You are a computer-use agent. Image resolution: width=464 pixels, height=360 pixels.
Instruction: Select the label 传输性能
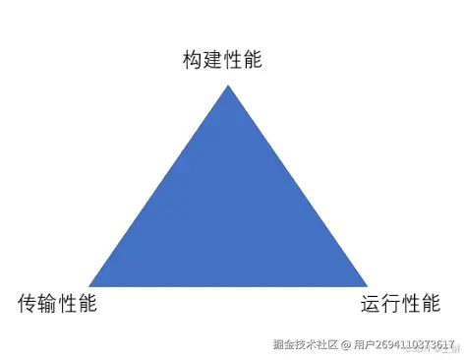click(58, 304)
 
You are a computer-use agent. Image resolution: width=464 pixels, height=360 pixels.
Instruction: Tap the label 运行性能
click(400, 304)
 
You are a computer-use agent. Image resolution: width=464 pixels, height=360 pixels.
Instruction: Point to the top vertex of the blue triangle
click(228, 86)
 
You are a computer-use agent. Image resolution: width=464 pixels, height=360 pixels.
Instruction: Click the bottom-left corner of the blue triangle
click(89, 286)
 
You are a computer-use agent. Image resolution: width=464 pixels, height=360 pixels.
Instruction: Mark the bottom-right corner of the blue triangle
click(367, 286)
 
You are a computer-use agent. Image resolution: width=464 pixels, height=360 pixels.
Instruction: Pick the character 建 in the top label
click(213, 60)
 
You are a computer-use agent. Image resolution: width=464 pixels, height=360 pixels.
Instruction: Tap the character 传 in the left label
click(28, 304)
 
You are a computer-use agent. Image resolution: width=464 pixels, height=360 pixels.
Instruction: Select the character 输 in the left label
click(48, 304)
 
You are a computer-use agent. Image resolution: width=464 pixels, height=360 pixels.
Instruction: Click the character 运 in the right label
click(371, 304)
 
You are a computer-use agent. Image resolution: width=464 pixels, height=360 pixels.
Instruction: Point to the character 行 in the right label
click(390, 304)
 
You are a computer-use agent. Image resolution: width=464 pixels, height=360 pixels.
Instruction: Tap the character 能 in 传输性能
click(88, 304)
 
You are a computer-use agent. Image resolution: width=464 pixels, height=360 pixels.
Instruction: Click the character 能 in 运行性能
click(431, 304)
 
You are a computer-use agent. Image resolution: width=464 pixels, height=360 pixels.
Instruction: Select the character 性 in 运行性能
click(411, 304)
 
